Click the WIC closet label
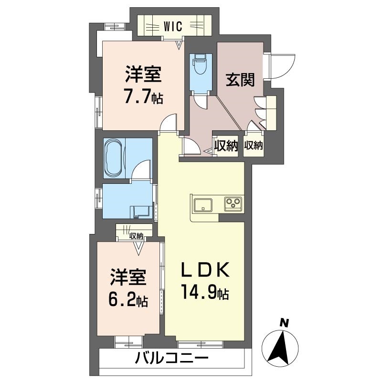coord(173,26)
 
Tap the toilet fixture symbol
coord(199,64)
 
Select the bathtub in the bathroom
coord(114,158)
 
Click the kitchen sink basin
coord(202,205)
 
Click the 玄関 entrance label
coord(240,79)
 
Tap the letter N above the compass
coord(284,323)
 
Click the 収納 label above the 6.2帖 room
coord(136,236)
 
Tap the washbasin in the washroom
coord(141,212)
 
